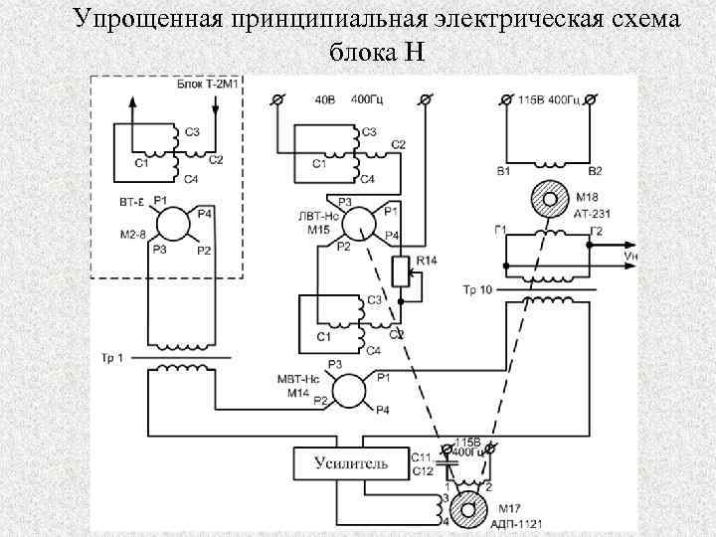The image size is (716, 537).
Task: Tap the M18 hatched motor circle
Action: (x=548, y=199)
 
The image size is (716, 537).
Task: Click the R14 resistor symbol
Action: (x=402, y=270)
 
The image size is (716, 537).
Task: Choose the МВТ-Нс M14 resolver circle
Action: (x=349, y=389)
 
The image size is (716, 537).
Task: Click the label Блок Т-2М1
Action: (x=209, y=87)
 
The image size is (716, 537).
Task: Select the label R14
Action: (x=425, y=261)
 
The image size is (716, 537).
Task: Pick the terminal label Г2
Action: (x=596, y=231)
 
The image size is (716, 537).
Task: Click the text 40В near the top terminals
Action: (x=324, y=99)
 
